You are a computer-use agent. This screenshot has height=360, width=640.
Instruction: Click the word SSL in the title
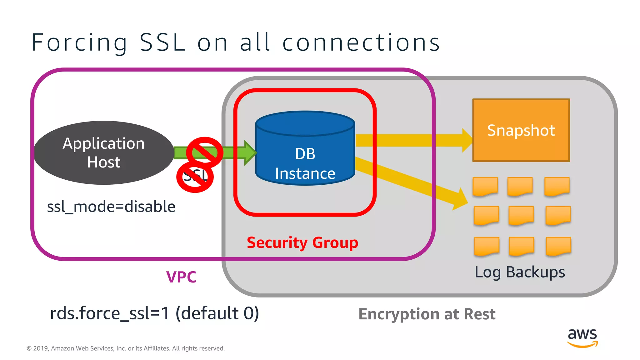click(x=162, y=42)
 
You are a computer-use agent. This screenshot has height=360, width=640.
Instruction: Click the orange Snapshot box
click(x=521, y=130)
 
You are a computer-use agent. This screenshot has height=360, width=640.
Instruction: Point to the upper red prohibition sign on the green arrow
click(x=205, y=152)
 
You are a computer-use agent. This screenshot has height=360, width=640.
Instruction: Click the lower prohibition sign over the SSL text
click(x=195, y=177)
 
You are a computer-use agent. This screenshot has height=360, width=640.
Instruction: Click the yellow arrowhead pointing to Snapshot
click(x=467, y=140)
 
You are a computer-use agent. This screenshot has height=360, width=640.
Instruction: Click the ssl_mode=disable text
click(x=111, y=207)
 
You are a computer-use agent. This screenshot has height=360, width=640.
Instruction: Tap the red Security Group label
click(x=302, y=243)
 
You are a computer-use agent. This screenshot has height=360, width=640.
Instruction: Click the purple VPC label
click(x=181, y=277)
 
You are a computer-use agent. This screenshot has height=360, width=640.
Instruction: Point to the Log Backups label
click(x=520, y=272)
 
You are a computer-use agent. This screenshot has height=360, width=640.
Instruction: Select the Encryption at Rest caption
click(x=427, y=314)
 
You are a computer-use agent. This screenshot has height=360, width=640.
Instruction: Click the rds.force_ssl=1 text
click(x=109, y=313)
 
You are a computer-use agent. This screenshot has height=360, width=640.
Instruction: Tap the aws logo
click(x=582, y=337)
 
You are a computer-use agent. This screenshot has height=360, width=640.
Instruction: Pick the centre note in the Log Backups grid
click(x=521, y=215)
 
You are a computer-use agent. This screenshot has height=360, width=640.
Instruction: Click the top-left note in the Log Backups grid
click(x=485, y=186)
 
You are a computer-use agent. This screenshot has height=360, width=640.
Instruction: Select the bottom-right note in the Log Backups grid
click(x=558, y=246)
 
